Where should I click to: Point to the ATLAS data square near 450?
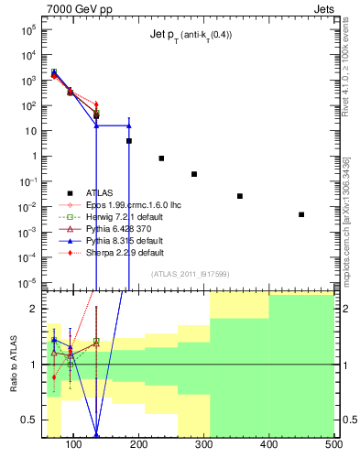click(301, 214)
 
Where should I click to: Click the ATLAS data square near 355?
click(240, 196)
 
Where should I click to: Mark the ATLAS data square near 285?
click(194, 174)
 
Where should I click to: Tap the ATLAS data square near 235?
click(161, 158)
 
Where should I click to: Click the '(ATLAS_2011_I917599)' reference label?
click(190, 273)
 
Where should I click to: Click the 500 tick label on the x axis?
click(333, 445)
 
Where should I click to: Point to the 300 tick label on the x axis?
click(203, 445)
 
